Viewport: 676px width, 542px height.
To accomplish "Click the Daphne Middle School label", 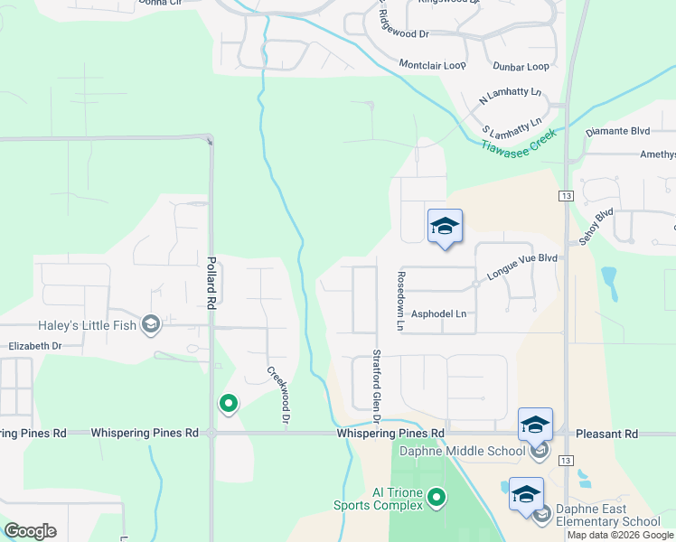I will point(461,451).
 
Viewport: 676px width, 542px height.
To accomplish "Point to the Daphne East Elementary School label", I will point(606,515).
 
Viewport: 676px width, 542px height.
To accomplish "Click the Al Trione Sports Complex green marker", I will point(437,497).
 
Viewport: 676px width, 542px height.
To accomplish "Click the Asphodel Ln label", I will point(438,314).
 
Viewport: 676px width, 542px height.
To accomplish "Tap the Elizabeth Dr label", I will point(35,346).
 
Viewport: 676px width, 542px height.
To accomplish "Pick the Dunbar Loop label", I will point(521,67).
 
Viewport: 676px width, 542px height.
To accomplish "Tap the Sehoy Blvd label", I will point(596,226).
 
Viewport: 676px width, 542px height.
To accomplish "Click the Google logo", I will point(30,531).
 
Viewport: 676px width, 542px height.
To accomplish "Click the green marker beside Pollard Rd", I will point(229,404).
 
